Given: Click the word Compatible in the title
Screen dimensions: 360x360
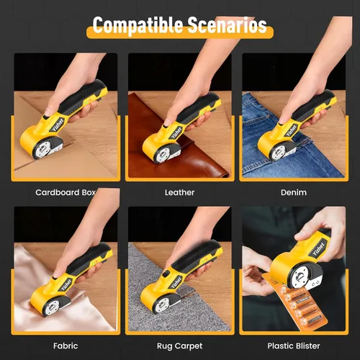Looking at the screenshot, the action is pos(138,25).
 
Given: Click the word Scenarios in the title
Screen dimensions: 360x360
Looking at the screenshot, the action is pos(228,25).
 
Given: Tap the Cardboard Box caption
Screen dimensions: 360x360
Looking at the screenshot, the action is pos(66,192).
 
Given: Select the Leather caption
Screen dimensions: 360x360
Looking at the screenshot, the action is pos(179,192).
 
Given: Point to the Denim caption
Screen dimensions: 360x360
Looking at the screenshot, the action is pos(294,192).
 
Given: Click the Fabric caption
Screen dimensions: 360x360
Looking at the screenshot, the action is pos(66,346).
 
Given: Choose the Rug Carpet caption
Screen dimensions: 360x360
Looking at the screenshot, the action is pos(179,346).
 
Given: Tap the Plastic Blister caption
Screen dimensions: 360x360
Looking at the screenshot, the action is pos(294,346).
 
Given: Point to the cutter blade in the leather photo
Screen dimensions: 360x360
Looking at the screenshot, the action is pos(163,153).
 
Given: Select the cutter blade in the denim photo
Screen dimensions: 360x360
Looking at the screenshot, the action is pos(279,152).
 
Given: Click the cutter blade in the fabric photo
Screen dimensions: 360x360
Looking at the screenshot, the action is pos(53,307).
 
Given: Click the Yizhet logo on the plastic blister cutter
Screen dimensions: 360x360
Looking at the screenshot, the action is pos(319,248).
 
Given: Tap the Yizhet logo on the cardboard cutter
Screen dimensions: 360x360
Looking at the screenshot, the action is pos(58,125).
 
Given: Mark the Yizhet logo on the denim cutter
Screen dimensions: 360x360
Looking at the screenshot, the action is pos(292,130).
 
